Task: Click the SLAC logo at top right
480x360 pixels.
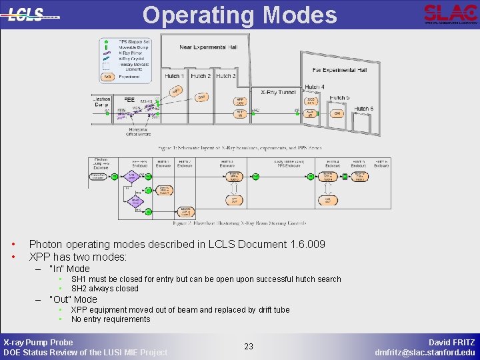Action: pos(450,13)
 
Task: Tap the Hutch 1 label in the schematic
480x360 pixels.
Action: pos(175,76)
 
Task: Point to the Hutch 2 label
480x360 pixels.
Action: pos(201,76)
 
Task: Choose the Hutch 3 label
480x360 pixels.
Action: pos(225,76)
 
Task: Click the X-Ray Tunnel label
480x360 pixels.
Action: pos(279,93)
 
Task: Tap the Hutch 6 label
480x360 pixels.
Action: pos(363,109)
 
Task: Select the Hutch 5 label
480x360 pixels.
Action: pos(339,98)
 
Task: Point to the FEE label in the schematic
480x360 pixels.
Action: pos(129,101)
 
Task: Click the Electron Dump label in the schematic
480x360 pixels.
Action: pos(101,101)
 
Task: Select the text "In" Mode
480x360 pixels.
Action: pos(69,269)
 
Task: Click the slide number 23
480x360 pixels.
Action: pos(249,347)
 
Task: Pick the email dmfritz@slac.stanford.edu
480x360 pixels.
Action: pos(425,352)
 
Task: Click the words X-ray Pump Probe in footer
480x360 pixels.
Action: pos(39,342)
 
